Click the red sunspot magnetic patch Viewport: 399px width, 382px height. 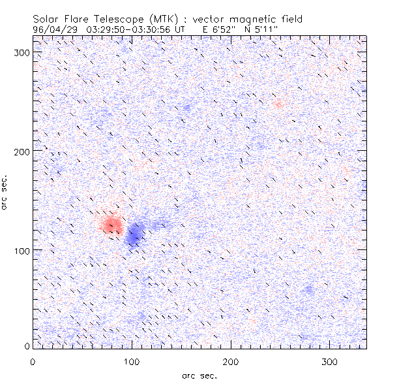[111, 225]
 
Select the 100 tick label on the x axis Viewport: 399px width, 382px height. [132, 361]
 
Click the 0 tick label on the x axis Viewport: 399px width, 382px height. [33, 361]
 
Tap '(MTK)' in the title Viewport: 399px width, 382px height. [156, 20]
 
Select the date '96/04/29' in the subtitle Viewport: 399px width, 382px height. [52, 29]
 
